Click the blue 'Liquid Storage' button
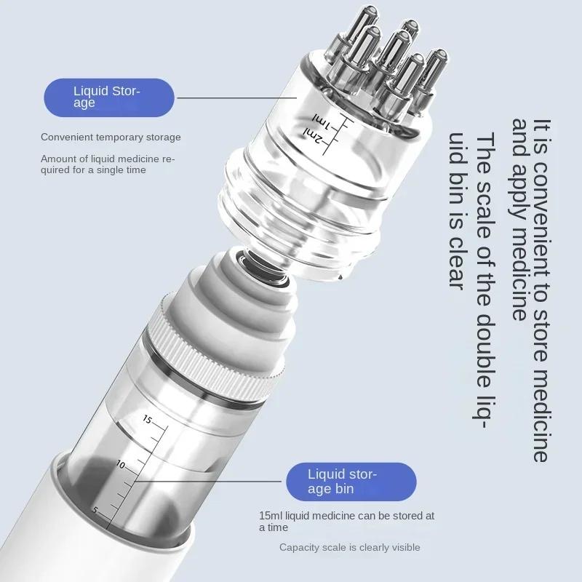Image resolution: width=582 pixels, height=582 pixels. [x=109, y=97]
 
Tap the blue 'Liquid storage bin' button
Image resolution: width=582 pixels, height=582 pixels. [x=351, y=481]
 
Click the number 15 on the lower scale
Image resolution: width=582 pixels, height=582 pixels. [x=147, y=420]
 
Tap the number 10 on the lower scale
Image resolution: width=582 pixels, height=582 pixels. [x=121, y=464]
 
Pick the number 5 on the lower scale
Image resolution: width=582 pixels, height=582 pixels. [x=95, y=510]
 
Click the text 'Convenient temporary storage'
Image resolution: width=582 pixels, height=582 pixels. [x=111, y=137]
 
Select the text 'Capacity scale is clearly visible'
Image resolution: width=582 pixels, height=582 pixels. [x=349, y=547]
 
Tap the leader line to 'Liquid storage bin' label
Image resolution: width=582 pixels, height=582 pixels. [x=211, y=480]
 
